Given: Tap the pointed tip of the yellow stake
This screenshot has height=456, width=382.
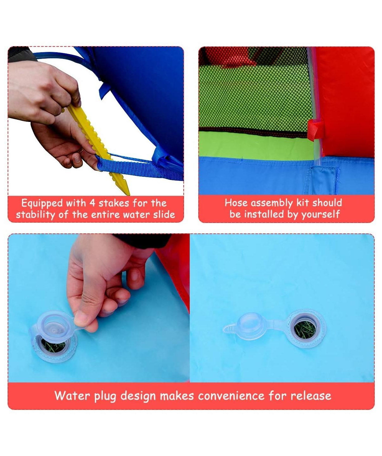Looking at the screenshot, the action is tap(129, 195).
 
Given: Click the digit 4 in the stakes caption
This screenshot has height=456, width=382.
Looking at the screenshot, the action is tap(92, 203).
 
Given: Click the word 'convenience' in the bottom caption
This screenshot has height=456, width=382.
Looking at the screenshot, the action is tap(231, 396).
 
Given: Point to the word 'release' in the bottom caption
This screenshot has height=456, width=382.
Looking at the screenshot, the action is tap(311, 396).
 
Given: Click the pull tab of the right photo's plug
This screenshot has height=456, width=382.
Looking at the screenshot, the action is tap(230, 328).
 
